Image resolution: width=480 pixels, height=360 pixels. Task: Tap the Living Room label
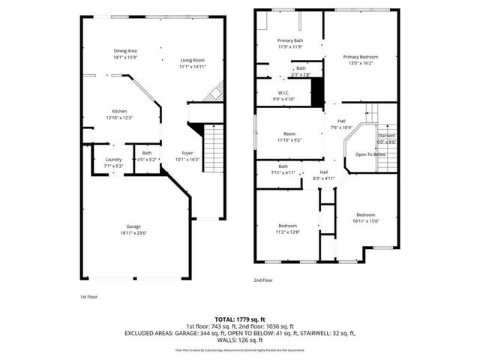click(x=192, y=60)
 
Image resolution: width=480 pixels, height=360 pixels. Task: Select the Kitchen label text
click(x=119, y=111)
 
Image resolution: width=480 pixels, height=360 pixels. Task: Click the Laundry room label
click(x=113, y=159)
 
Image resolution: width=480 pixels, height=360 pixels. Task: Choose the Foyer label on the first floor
click(x=187, y=153)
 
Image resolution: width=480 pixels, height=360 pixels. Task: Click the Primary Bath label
click(x=289, y=40)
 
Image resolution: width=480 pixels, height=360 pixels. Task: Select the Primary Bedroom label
click(x=361, y=57)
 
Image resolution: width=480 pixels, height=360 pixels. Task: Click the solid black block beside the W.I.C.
click(x=316, y=93)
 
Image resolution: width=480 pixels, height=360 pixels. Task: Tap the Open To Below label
click(x=370, y=154)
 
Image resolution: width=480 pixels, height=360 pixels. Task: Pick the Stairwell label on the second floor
click(x=386, y=136)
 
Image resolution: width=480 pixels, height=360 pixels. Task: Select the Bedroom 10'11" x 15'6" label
click(x=366, y=214)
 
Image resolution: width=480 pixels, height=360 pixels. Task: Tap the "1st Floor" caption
click(x=89, y=297)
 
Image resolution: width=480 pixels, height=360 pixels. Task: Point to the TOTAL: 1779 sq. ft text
click(x=239, y=319)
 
